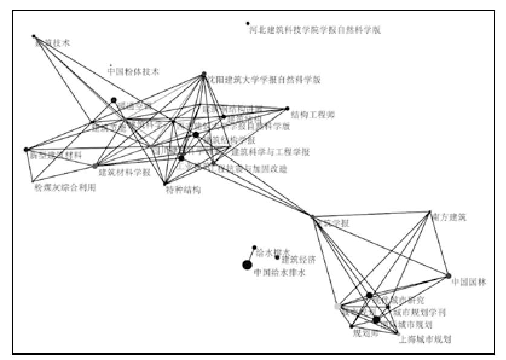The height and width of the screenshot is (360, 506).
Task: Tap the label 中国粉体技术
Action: [x=133, y=71]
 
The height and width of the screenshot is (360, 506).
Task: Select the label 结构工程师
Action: [x=313, y=114]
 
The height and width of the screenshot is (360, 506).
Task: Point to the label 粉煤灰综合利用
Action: [x=65, y=187]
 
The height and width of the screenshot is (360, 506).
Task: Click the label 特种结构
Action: [x=183, y=190]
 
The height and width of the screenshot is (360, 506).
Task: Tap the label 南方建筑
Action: [x=449, y=216]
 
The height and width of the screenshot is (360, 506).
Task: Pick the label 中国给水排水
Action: [x=280, y=273]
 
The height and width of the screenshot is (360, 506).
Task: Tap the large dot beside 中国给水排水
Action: [x=247, y=265]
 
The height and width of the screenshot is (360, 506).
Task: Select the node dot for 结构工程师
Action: [x=287, y=109]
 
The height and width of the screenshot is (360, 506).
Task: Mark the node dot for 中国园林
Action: [x=449, y=276]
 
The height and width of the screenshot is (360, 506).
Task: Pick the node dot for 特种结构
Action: [x=164, y=184]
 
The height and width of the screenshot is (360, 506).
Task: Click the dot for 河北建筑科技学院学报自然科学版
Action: [x=248, y=24]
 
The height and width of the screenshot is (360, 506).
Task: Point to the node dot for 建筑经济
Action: [x=277, y=257]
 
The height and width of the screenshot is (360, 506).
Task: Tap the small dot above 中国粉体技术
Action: [x=111, y=64]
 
